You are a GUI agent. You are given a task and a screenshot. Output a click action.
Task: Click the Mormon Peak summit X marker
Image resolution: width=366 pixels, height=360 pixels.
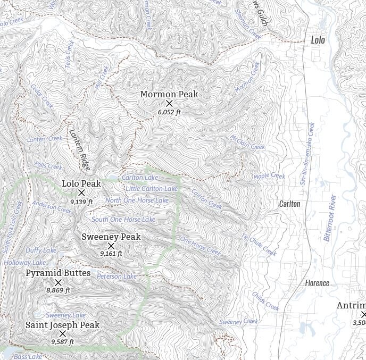click(169, 103)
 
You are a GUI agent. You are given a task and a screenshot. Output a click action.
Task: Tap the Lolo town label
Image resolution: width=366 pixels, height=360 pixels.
click(318, 40)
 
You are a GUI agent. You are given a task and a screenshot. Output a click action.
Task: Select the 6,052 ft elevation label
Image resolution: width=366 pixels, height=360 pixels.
click(169, 112)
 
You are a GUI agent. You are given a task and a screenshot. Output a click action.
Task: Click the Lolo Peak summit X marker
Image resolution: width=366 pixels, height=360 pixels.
click(81, 193)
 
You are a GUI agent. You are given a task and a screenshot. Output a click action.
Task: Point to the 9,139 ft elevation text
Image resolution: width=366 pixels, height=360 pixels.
click(81, 202)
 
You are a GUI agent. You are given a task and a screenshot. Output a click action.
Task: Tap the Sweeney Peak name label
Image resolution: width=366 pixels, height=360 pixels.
click(111, 237)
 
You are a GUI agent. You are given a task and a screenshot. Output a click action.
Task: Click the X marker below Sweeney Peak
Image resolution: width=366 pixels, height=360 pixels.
click(111, 246)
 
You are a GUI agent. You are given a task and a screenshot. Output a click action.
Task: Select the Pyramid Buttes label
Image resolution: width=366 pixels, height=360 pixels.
click(58, 273)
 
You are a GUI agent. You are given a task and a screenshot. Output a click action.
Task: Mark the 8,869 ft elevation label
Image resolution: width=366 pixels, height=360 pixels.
click(58, 290)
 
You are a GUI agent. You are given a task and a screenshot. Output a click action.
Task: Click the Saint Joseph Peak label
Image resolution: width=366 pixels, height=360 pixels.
click(62, 325)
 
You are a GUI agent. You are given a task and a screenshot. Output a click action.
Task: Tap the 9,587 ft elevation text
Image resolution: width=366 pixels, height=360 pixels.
click(62, 342)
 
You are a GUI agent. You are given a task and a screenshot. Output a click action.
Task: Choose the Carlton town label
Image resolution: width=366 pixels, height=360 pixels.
click(290, 204)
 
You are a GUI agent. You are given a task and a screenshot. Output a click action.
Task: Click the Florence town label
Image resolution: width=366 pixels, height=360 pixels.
click(317, 283)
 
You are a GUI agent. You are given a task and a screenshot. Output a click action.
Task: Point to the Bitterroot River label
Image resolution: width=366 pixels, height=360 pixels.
click(330, 217)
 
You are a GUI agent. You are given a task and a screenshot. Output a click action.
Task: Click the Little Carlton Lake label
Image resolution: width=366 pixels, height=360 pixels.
click(152, 189)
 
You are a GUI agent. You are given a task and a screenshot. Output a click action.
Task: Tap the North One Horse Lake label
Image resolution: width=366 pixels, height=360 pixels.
click(137, 200)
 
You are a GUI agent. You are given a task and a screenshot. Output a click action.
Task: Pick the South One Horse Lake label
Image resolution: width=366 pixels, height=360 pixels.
click(123, 220)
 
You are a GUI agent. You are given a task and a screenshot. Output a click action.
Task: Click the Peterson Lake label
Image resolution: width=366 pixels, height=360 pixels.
click(117, 277)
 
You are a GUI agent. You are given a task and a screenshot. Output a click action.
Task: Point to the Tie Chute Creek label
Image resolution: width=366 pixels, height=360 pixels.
click(259, 245)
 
